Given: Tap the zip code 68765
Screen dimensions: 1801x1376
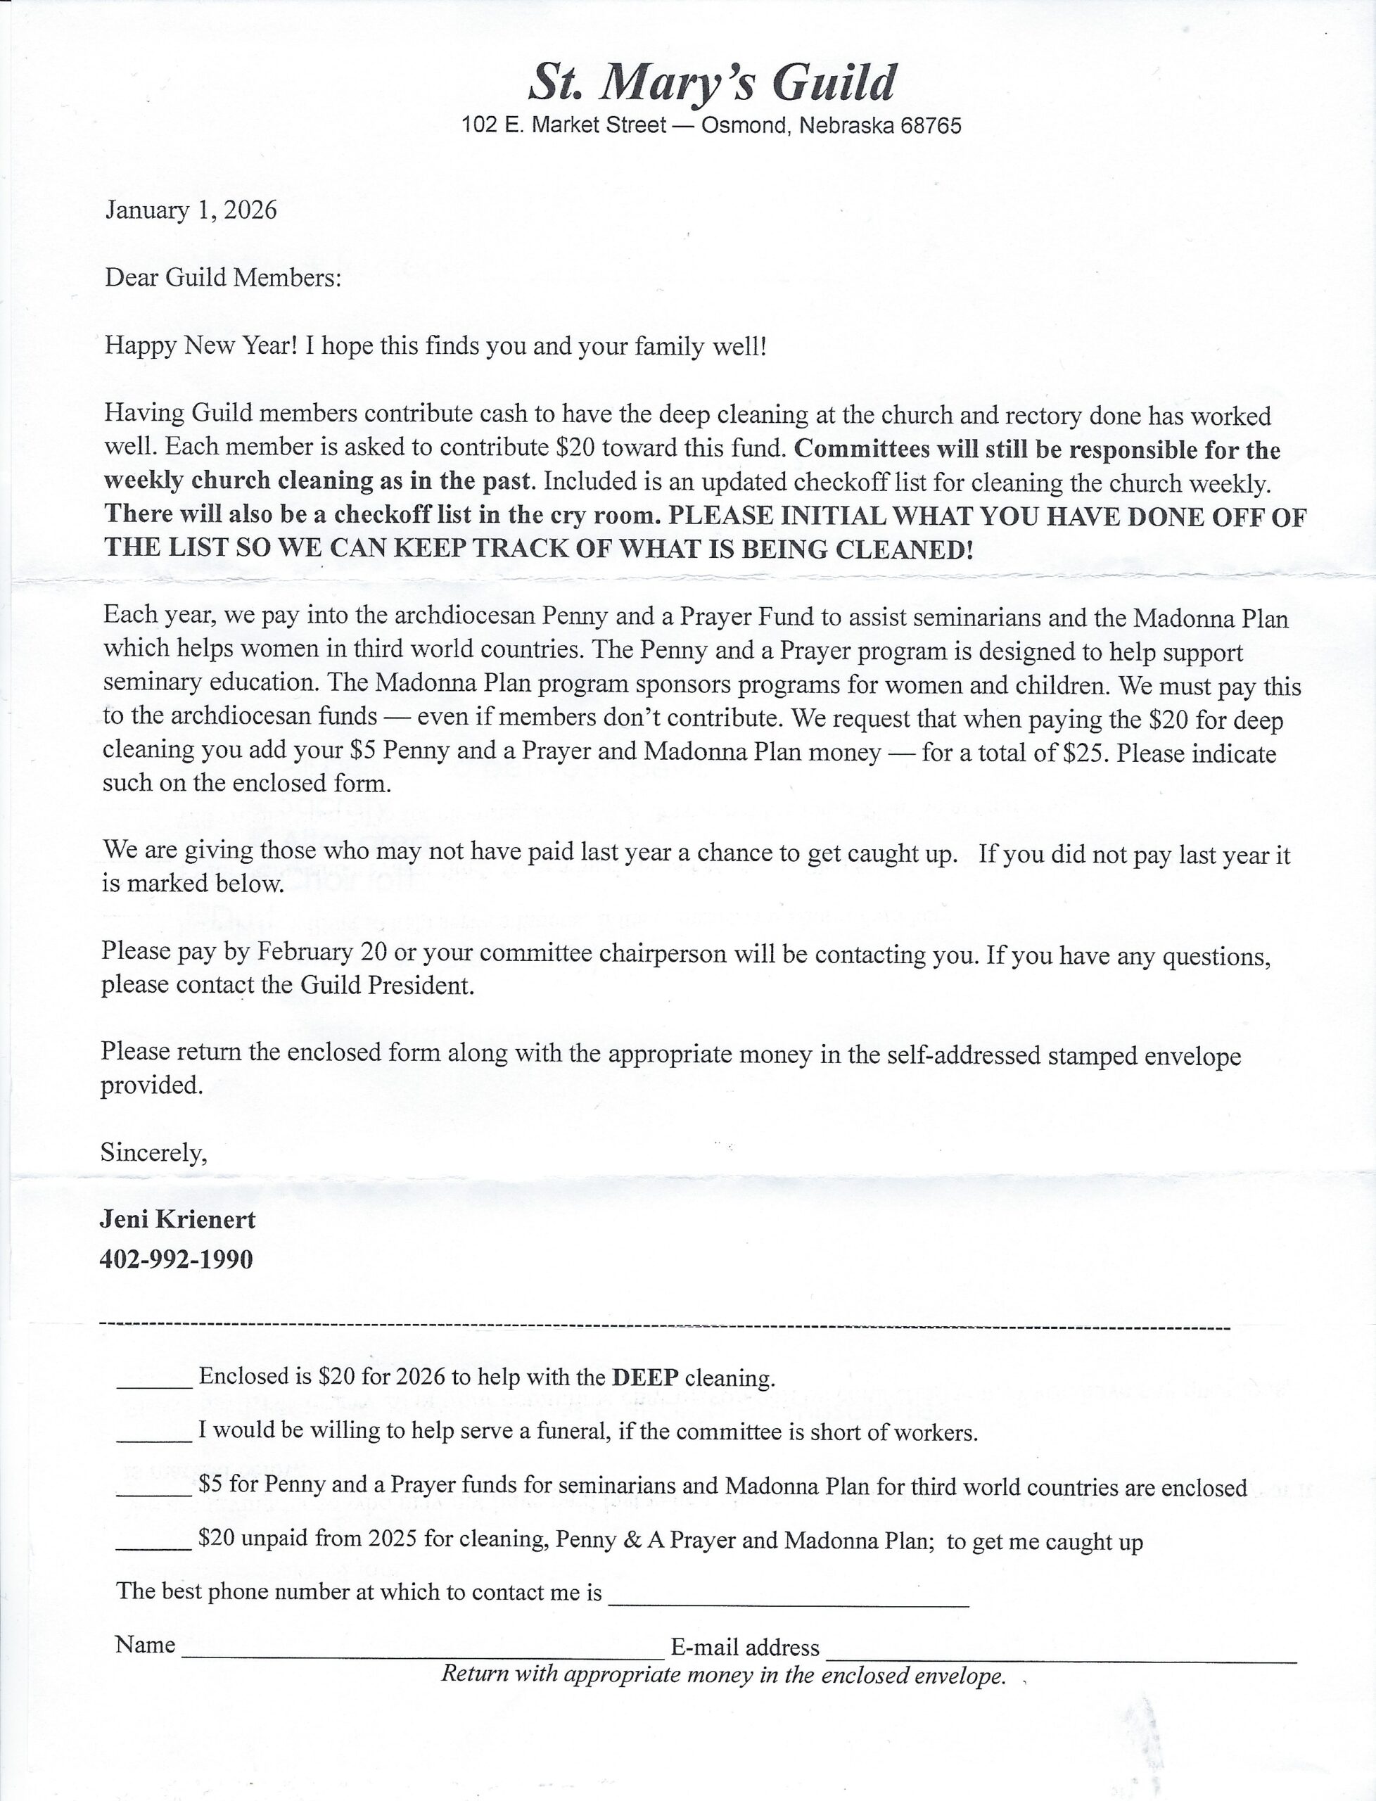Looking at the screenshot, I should [931, 126].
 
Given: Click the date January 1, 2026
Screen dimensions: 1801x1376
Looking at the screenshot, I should [191, 210].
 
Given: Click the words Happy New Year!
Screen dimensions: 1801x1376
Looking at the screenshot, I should [201, 345].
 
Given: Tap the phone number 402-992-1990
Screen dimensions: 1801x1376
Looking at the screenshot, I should [176, 1259].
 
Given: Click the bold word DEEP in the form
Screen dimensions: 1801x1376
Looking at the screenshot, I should [645, 1377].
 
